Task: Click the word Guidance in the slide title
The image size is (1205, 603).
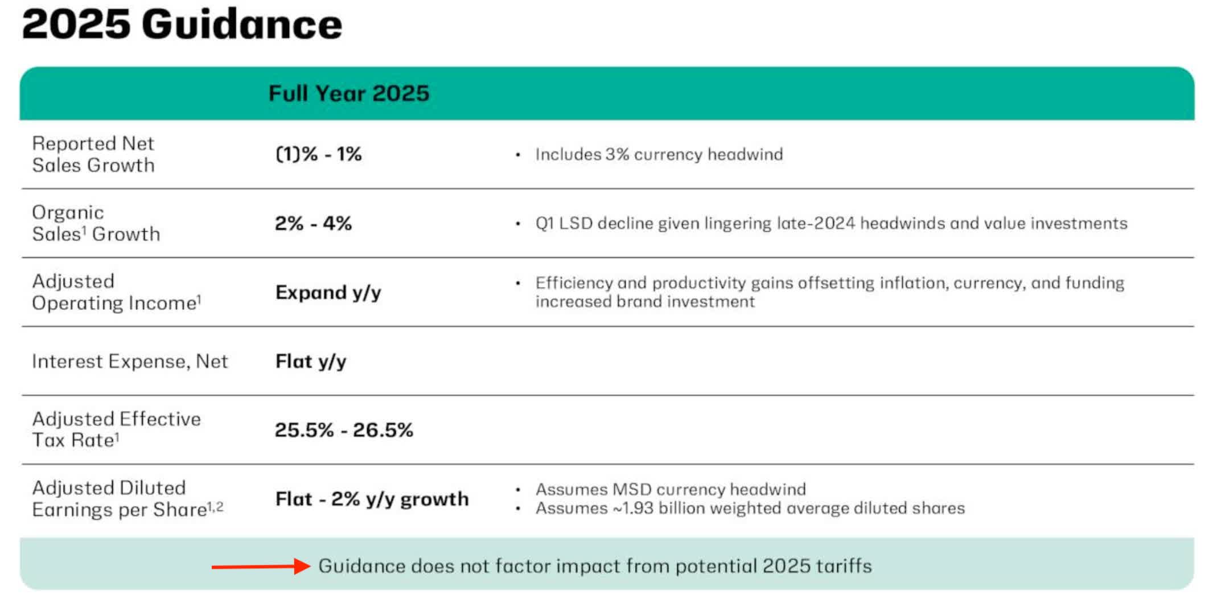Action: click(241, 25)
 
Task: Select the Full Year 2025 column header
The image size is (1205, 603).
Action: click(348, 93)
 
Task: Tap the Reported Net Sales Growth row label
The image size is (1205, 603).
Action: click(93, 154)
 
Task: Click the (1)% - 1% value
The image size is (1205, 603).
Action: click(318, 154)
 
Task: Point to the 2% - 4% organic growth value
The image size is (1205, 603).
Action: click(313, 223)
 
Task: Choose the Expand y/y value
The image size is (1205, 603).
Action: click(328, 293)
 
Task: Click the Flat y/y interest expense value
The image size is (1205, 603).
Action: click(310, 362)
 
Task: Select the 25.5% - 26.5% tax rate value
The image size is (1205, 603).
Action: click(343, 430)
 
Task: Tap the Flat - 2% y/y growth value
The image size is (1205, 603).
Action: click(372, 499)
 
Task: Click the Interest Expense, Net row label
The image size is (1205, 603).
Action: click(130, 362)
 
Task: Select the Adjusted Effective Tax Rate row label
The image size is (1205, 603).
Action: click(116, 430)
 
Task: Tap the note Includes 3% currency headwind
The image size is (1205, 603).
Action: click(659, 154)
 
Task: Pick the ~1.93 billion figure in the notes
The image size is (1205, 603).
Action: click(633, 508)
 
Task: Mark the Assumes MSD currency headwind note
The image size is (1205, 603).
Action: click(670, 490)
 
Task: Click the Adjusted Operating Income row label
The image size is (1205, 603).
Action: click(116, 292)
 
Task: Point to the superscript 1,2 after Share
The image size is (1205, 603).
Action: click(215, 506)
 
